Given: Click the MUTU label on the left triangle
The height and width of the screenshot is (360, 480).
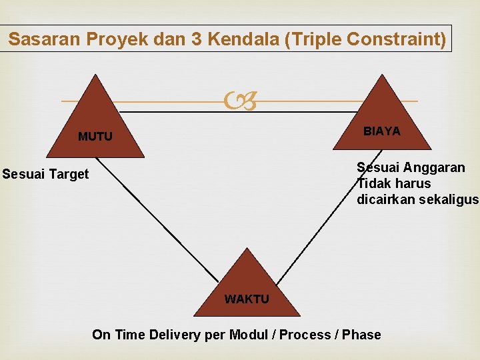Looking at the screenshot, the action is (x=95, y=137).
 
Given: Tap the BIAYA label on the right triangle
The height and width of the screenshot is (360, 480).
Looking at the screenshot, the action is (x=382, y=131).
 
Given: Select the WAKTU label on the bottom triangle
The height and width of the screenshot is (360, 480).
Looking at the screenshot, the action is (x=247, y=299).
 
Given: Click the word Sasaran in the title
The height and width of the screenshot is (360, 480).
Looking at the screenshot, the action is (x=45, y=39).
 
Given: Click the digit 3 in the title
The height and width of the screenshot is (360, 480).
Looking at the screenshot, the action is (x=197, y=39).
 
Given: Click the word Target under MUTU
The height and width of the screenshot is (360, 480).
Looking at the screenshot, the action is (x=70, y=174).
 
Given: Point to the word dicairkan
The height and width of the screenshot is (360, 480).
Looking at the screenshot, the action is (x=383, y=199).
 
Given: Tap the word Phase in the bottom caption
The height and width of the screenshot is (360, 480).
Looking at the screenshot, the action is (x=361, y=335).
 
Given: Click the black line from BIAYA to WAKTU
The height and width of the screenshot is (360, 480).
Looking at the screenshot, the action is (x=313, y=227).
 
